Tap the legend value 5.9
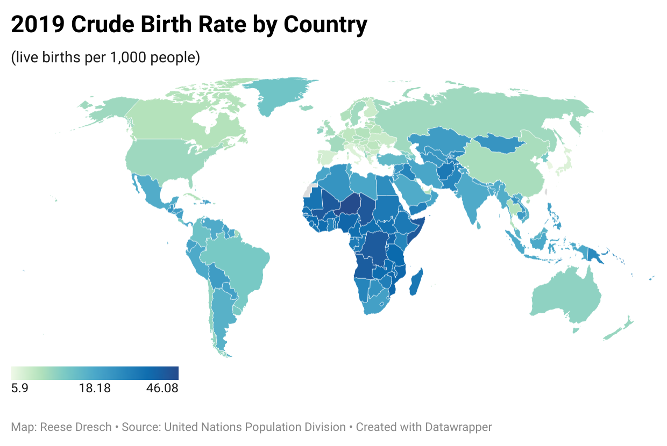(x=19, y=388)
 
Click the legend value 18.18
(x=95, y=388)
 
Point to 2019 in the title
(x=37, y=25)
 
